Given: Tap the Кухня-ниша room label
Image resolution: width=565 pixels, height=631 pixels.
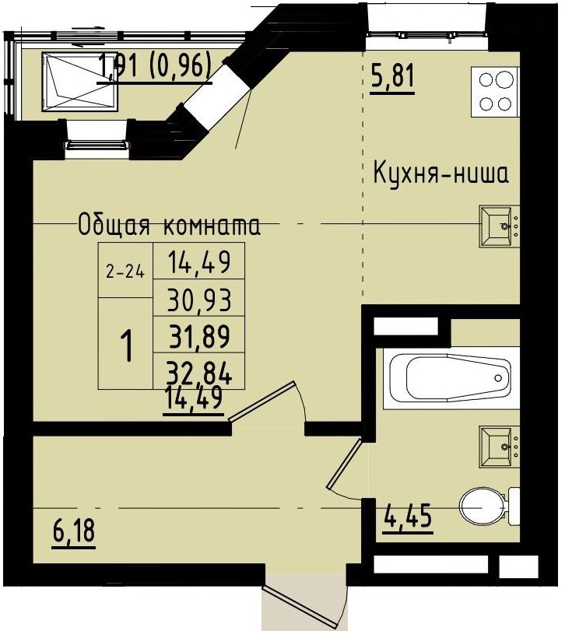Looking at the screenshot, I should tap(440, 173).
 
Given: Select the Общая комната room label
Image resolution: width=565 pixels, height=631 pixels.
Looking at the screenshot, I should tap(169, 226).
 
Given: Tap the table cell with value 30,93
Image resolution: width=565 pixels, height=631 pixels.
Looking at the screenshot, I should tap(200, 300).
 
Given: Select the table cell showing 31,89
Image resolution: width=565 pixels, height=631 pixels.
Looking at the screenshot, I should tap(200, 336).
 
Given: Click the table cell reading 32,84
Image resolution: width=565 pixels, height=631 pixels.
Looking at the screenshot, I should tap(200, 372).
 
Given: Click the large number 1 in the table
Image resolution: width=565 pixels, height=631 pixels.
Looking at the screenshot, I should tap(125, 344).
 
